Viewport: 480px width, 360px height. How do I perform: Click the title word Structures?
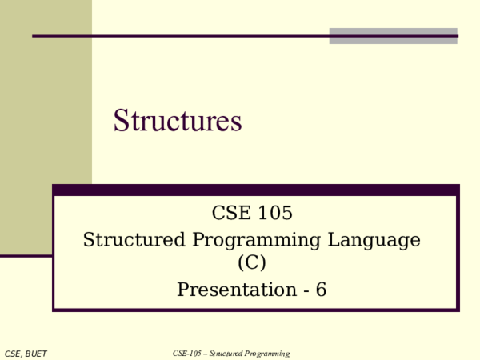click(x=177, y=122)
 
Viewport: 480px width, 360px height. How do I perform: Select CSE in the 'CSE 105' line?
click(x=232, y=214)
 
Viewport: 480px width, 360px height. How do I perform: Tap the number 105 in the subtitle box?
click(x=276, y=214)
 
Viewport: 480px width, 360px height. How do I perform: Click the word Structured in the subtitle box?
click(x=133, y=240)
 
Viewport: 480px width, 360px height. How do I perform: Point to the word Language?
click(x=381, y=240)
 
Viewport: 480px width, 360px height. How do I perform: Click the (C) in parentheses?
click(x=251, y=262)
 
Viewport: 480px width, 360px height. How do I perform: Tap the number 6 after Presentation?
click(x=322, y=290)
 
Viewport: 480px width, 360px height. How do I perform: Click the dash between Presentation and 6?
click(x=306, y=290)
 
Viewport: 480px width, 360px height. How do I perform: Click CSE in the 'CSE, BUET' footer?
click(x=14, y=354)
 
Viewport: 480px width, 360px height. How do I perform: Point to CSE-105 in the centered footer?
click(x=188, y=354)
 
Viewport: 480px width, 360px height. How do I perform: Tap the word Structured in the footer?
click(x=227, y=354)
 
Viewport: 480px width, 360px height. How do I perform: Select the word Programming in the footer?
click(x=269, y=354)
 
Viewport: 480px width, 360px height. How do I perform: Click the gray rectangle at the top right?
click(x=393, y=36)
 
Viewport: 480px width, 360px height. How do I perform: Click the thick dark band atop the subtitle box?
click(x=255, y=190)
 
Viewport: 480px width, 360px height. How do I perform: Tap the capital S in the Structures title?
click(x=122, y=122)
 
